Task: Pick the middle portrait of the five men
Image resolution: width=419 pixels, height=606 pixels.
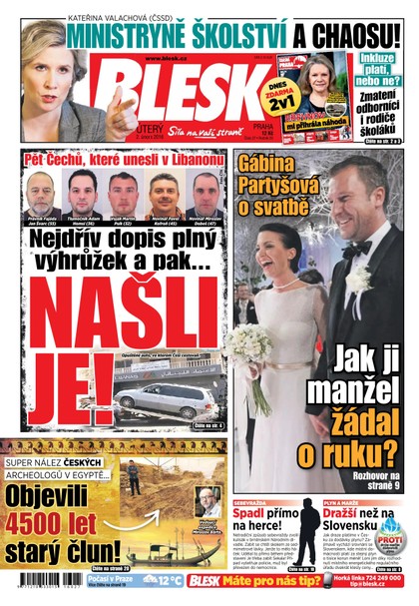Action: coord(121,191)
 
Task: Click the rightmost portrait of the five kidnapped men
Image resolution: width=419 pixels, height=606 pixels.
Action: coord(204,191)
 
